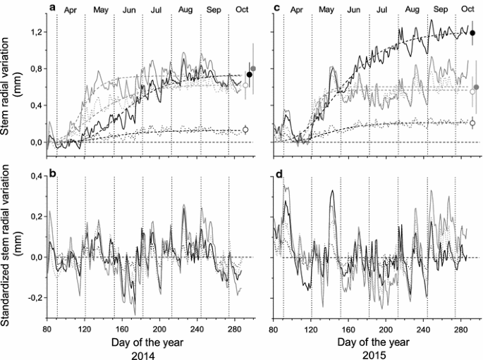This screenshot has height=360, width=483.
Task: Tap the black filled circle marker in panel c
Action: tap(472, 32)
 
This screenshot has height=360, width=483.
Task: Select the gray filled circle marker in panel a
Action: tap(254, 68)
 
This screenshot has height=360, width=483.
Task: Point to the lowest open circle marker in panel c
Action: tap(472, 123)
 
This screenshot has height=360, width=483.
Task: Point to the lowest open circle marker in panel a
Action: tap(245, 130)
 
